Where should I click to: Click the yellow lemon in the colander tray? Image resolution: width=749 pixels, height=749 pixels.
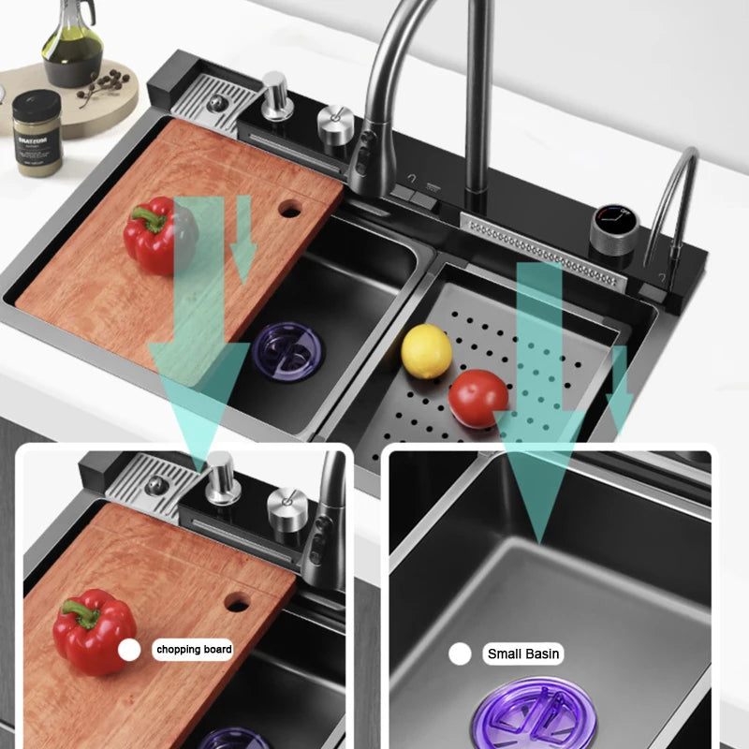(426, 351)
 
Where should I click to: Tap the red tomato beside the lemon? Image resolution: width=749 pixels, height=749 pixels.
(477, 398)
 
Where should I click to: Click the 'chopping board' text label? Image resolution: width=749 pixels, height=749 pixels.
(194, 649)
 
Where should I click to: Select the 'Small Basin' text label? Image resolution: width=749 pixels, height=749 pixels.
(524, 654)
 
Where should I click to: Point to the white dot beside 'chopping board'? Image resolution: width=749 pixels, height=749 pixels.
(129, 650)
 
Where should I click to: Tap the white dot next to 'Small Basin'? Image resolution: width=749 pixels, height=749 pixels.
(459, 654)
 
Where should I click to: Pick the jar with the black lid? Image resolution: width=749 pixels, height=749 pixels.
(37, 131)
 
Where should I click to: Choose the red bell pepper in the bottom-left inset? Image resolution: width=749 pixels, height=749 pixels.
(94, 632)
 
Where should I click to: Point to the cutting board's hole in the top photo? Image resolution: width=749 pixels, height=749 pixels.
(289, 209)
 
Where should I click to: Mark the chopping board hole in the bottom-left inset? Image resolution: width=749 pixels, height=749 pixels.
(237, 602)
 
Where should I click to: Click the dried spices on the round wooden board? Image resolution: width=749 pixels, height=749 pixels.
(103, 90)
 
